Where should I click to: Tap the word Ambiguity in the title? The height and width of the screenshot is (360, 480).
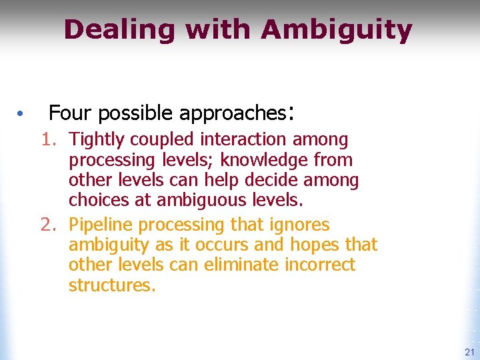pyautogui.click(x=337, y=30)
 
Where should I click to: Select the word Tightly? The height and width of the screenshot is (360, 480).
pyautogui.click(x=97, y=140)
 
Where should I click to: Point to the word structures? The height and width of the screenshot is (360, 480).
pyautogui.click(x=111, y=286)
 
